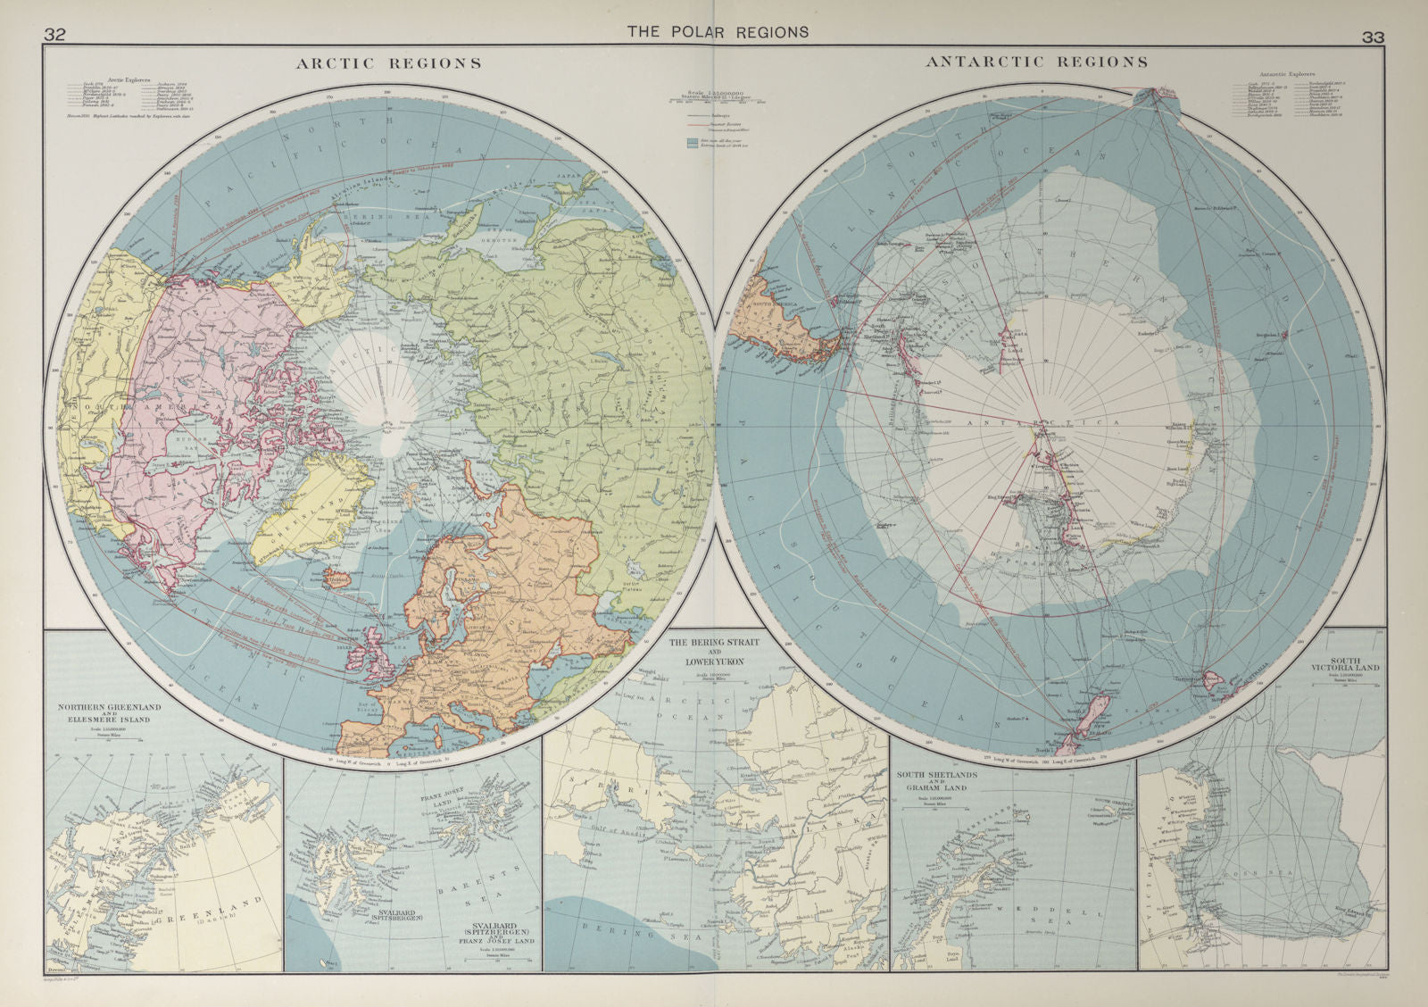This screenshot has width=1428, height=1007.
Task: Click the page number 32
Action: coord(55,35)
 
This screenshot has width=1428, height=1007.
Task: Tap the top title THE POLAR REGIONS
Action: coord(718,31)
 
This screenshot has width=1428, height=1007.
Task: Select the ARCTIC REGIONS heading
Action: coord(389,63)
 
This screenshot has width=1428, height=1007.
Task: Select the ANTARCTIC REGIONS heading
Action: coord(1036,62)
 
